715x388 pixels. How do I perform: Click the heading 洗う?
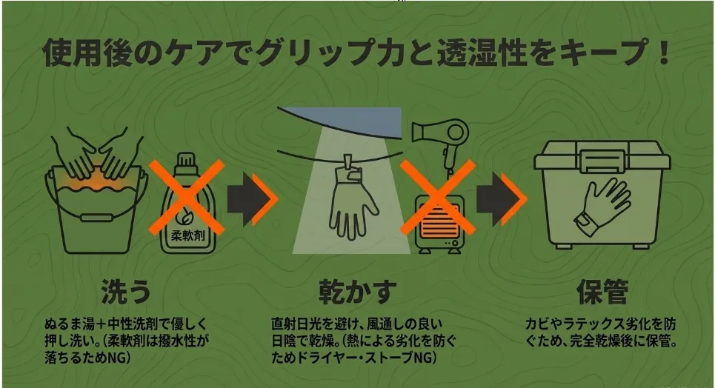click(126, 291)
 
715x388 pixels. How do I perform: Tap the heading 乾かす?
click(357, 291)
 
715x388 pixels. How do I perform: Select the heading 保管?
click(602, 291)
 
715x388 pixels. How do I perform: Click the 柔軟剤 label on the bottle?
click(188, 235)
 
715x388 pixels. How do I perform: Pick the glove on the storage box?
click(603, 206)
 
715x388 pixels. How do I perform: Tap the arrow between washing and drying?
click(253, 199)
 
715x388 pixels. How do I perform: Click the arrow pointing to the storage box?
click(502, 199)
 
